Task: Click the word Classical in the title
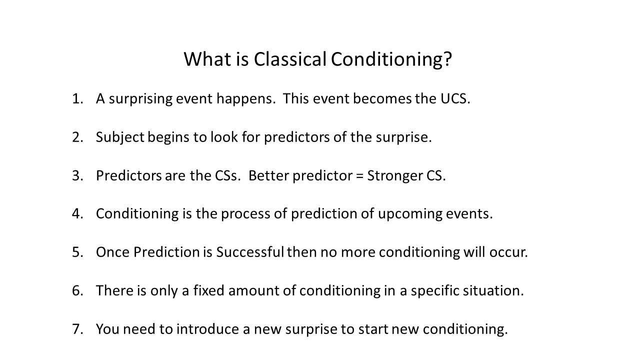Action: coord(290,59)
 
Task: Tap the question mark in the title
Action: coord(448,59)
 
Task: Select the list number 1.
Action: coord(77,99)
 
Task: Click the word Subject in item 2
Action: coord(120,137)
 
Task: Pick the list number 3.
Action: coord(77,175)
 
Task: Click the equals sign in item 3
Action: coord(359,176)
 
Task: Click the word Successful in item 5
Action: coord(250,252)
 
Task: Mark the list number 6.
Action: coord(77,291)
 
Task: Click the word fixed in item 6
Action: coord(209,290)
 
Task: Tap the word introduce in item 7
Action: coord(207,329)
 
